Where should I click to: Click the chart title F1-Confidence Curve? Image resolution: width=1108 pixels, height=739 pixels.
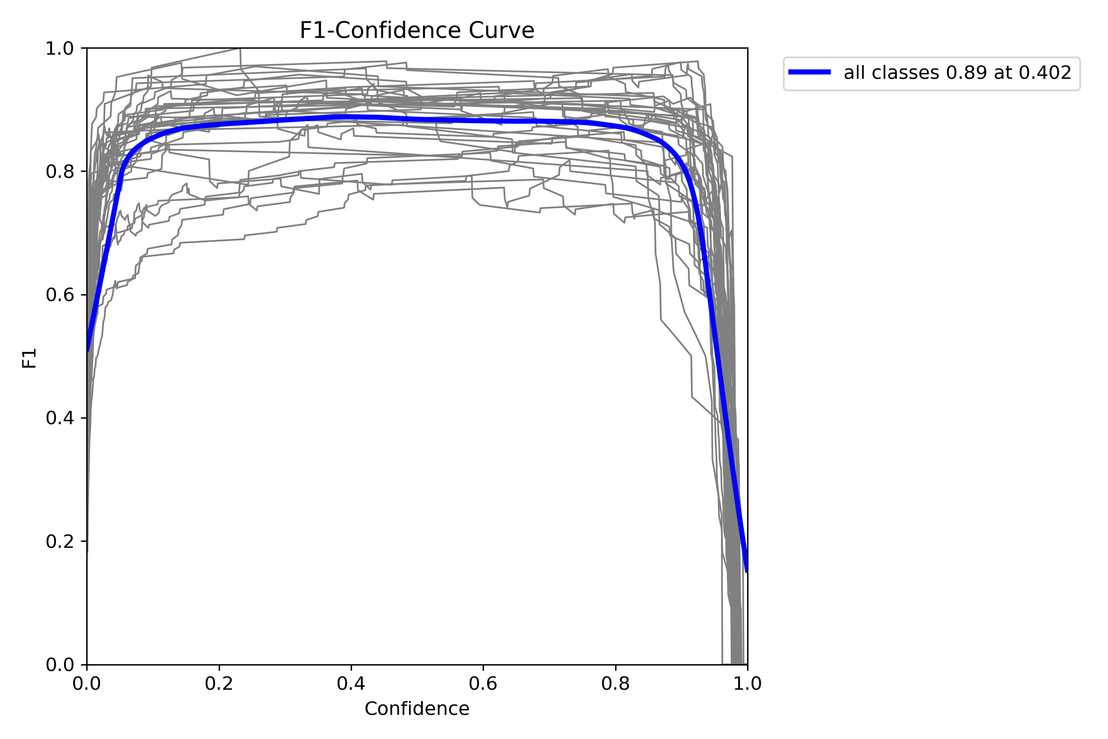click(417, 31)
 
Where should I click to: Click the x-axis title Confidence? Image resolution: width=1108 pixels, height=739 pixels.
click(417, 708)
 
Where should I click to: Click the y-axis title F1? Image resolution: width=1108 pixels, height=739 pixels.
click(30, 358)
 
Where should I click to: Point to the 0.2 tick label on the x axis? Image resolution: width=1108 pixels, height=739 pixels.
click(219, 684)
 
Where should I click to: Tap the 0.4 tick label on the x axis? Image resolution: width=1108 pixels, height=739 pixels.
click(351, 684)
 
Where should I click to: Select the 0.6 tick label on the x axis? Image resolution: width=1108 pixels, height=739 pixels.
click(483, 684)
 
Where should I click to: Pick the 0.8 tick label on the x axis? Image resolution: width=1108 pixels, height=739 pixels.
click(615, 684)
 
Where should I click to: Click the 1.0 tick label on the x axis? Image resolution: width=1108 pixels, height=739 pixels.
click(747, 684)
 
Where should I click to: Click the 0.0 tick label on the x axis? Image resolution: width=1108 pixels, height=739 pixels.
click(87, 684)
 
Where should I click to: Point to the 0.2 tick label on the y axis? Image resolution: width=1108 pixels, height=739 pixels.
click(60, 541)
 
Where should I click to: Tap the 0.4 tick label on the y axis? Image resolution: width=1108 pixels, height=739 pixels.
click(60, 418)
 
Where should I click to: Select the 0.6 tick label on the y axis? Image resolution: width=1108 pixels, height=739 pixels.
click(60, 295)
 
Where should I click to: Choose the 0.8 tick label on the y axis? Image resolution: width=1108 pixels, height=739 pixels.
click(60, 171)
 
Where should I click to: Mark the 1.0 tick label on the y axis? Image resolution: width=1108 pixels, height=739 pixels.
click(60, 48)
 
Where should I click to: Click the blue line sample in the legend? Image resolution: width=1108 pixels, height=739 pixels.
click(810, 72)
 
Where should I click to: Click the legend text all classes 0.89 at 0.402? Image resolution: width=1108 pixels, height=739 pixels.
click(957, 73)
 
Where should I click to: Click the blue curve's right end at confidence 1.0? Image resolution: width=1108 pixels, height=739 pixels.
click(747, 571)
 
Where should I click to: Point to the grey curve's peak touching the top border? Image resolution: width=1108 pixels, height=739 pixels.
click(239, 49)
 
